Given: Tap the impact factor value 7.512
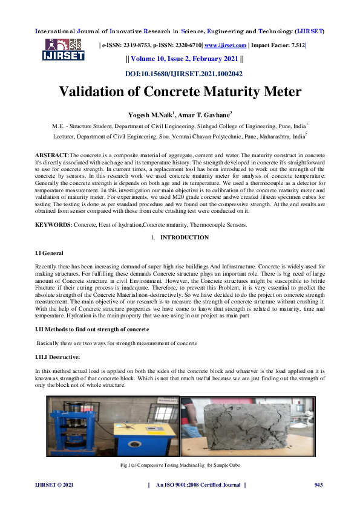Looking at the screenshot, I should (x=298, y=45).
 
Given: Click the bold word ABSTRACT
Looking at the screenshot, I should (x=51, y=156).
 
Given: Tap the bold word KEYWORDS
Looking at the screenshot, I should (x=53, y=224).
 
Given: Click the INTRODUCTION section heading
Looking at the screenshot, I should (x=185, y=238).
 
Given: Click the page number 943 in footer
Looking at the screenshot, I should (x=319, y=485).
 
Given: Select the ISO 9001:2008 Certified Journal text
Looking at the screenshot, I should (x=198, y=485).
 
